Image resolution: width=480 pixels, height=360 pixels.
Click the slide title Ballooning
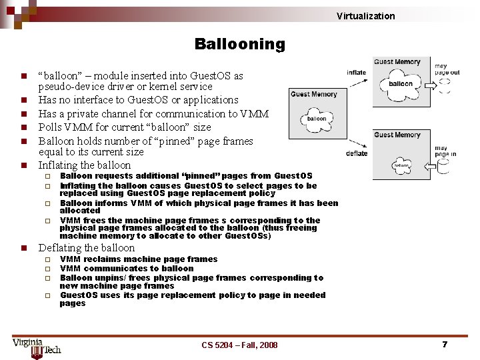(x=239, y=45)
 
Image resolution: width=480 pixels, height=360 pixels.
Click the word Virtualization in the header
(x=365, y=16)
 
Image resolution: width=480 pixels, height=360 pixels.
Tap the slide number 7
(x=444, y=344)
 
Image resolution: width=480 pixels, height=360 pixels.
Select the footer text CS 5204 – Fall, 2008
(x=239, y=345)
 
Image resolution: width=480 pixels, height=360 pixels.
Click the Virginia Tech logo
(x=36, y=346)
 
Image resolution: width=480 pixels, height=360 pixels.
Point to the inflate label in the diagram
(x=356, y=73)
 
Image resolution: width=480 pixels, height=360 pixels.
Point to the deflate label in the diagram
(x=357, y=153)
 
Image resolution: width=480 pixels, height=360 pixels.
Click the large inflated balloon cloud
(x=401, y=84)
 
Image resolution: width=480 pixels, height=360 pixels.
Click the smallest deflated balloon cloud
(x=401, y=165)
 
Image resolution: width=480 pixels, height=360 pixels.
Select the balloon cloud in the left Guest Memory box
(x=317, y=119)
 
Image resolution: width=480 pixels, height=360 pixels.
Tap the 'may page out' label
(x=447, y=69)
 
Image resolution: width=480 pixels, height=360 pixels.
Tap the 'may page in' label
(x=445, y=151)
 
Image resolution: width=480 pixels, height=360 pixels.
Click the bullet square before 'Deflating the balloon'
(x=23, y=248)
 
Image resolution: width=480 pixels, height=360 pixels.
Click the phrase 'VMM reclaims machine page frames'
(x=139, y=259)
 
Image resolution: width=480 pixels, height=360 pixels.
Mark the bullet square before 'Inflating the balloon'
(x=23, y=165)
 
